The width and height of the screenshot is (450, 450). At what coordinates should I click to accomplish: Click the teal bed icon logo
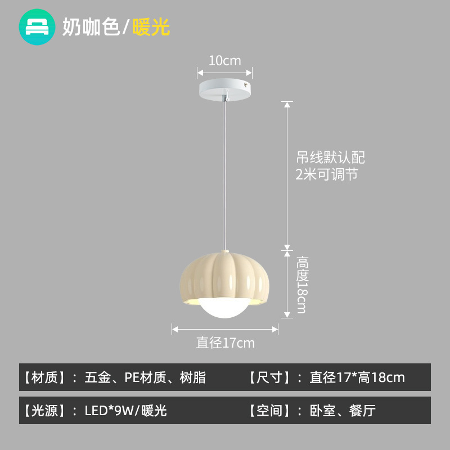pos(37,26)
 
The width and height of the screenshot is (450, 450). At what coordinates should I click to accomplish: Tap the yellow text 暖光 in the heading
pos(151,27)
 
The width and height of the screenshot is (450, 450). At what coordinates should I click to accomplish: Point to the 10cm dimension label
pos(224,61)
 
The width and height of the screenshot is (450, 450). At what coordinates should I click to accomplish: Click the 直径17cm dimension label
pos(225,343)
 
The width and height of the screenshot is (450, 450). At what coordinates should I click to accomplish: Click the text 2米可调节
pos(326,174)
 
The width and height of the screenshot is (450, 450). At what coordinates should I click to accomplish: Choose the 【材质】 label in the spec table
pos(46,377)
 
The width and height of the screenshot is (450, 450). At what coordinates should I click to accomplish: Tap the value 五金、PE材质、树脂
pos(145,377)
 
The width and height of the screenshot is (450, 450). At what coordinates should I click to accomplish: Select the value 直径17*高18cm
pos(357,377)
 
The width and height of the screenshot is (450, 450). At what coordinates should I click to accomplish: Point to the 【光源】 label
pos(46,411)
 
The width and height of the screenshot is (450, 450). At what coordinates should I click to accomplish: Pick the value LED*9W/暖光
pos(125,411)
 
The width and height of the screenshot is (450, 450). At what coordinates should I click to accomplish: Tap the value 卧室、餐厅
pos(343,411)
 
